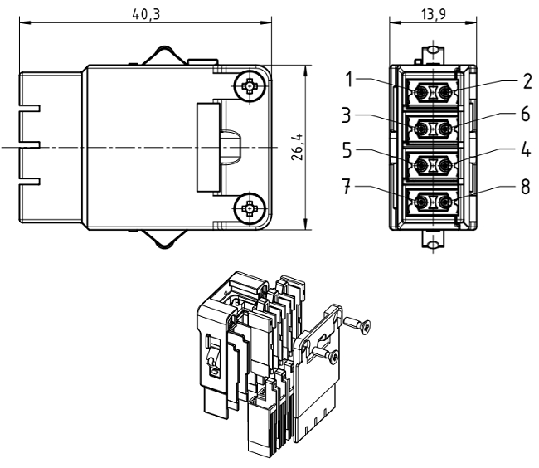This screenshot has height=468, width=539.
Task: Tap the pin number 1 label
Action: click(351, 80)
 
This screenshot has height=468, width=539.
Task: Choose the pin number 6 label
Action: click(524, 115)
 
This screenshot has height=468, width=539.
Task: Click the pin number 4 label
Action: click(524, 153)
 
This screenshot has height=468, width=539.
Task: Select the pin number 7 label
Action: click(351, 188)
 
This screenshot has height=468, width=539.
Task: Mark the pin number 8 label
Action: click(524, 188)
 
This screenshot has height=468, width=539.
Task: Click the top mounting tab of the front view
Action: click(431, 51)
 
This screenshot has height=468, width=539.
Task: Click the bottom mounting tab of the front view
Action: click(431, 240)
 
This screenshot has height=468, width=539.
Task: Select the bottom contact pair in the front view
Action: click(431, 202)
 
